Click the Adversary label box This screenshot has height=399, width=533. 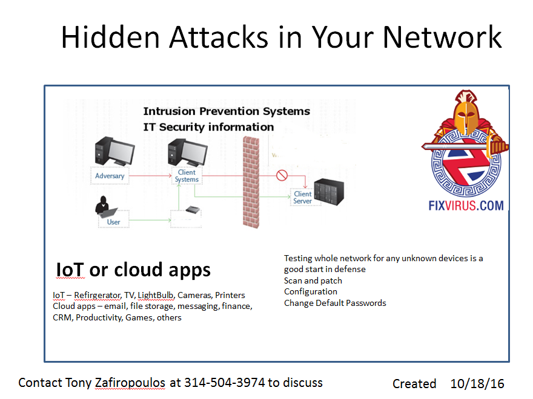point(110,176)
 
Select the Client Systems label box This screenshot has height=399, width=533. point(187,175)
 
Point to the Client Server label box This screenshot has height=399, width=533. point(303,198)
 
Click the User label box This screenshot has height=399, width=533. point(113,222)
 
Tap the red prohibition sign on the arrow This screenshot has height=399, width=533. point(281,175)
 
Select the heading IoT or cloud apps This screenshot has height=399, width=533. point(133,270)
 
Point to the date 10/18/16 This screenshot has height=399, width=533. point(477,383)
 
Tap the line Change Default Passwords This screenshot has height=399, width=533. point(335,303)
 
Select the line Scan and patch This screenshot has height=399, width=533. point(313,281)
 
